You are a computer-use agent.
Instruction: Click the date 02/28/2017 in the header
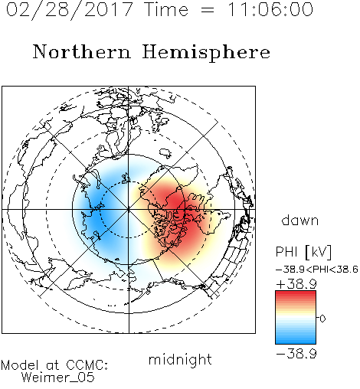[x=70, y=10]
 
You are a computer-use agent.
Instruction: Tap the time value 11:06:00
[x=270, y=10]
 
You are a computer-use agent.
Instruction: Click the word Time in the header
[x=166, y=10]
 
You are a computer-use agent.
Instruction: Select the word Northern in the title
[x=82, y=52]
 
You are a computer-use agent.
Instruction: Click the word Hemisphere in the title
[x=206, y=53]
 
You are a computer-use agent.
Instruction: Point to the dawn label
[x=300, y=220]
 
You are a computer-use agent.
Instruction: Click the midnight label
[x=180, y=359]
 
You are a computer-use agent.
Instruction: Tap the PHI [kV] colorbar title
[x=303, y=252]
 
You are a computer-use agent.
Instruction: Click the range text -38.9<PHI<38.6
[x=317, y=270]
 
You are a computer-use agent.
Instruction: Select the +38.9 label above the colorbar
[x=296, y=283]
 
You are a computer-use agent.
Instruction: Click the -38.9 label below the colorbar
[x=296, y=354]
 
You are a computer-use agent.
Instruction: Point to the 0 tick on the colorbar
[x=322, y=319]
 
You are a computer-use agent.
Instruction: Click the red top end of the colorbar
[x=296, y=293]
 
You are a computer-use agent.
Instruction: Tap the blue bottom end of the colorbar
[x=296, y=342]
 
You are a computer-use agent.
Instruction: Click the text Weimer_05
[x=58, y=378]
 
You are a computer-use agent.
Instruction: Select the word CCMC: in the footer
[x=87, y=365]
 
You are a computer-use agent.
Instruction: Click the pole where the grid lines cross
[x=129, y=210]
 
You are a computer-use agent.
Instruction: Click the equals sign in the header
[x=208, y=10]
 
